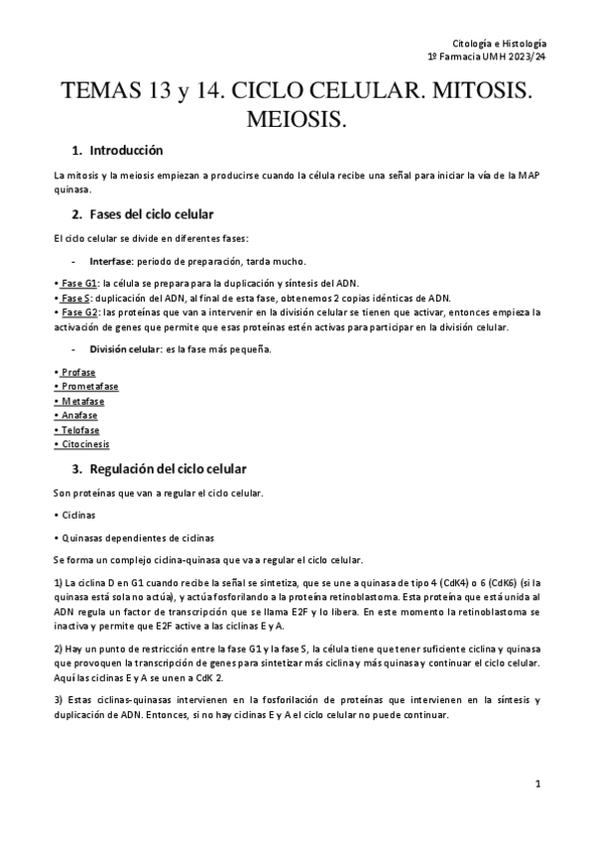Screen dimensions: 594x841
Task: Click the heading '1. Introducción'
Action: coord(117,151)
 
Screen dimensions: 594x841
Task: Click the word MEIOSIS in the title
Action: coord(297,119)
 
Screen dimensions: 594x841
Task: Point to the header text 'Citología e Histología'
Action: coord(499,45)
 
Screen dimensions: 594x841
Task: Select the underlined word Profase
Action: coord(78,373)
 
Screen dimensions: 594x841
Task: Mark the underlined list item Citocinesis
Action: coord(84,444)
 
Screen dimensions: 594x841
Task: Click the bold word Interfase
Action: coord(113,262)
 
